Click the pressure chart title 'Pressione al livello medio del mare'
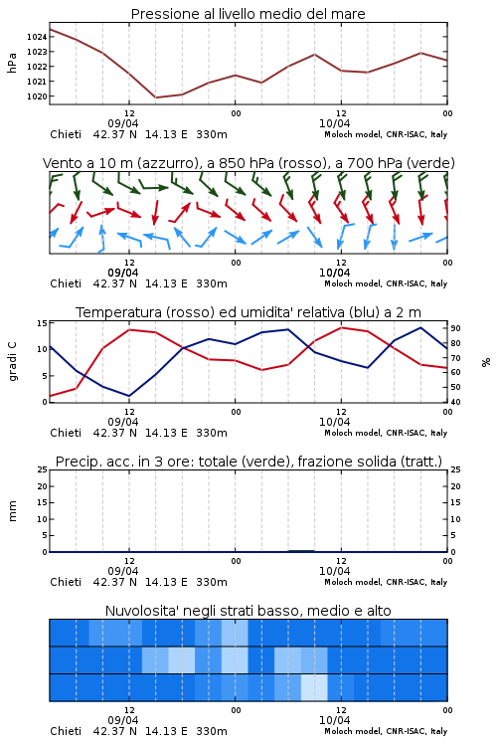click(248, 14)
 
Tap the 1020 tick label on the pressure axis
click(37, 96)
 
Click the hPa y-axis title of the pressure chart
click(12, 63)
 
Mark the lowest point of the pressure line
click(155, 97)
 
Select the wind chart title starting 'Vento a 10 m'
click(248, 163)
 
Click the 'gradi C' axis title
click(13, 362)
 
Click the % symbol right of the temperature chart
click(486, 362)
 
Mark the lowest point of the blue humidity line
click(129, 396)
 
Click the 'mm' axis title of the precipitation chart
click(12, 511)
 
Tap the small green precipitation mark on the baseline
click(301, 551)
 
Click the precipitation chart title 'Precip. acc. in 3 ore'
click(248, 462)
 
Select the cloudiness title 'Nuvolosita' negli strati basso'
click(248, 611)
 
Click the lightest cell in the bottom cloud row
click(314, 687)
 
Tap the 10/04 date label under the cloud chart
click(334, 720)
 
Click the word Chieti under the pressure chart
click(66, 134)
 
